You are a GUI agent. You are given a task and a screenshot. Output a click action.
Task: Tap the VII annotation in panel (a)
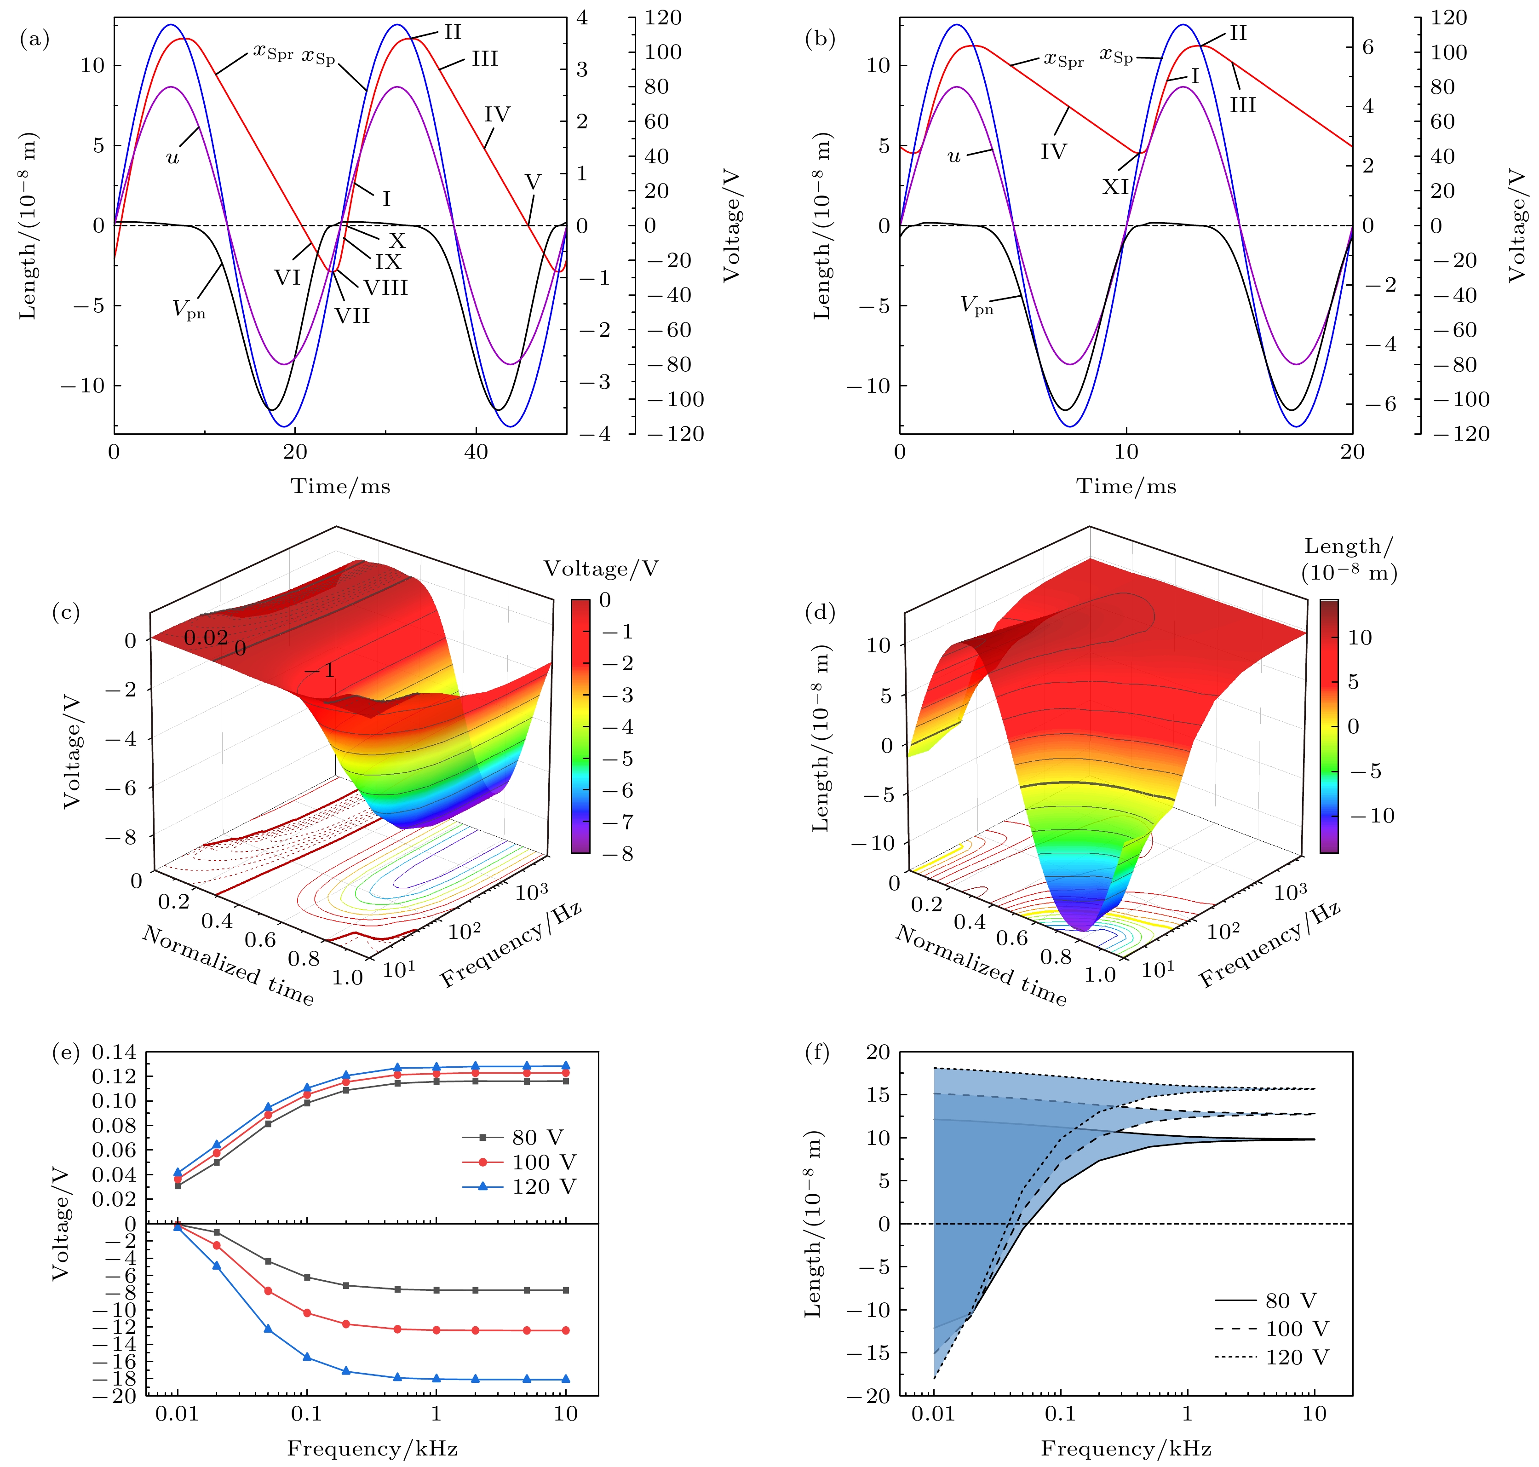click(x=352, y=316)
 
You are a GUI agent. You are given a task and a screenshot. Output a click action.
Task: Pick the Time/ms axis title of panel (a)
click(x=340, y=486)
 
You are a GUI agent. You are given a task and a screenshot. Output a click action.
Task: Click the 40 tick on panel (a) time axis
click(x=476, y=452)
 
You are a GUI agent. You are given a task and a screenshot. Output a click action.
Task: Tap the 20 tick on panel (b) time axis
click(x=1352, y=452)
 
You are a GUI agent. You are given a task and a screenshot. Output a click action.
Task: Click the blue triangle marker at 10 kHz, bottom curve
click(x=565, y=1380)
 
